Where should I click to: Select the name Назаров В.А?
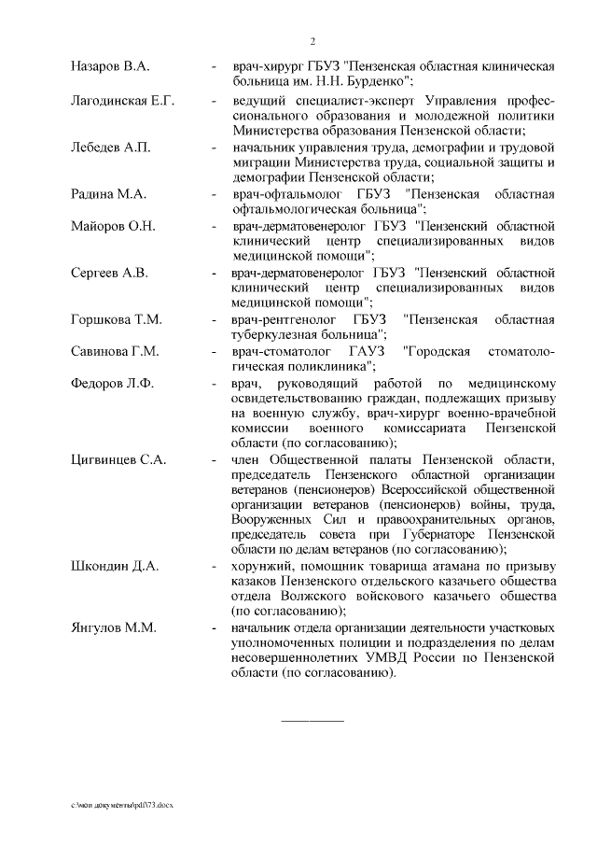tap(110, 67)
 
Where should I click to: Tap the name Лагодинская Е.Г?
tap(123, 100)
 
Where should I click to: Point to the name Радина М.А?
tap(107, 194)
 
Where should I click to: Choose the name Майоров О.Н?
tap(113, 226)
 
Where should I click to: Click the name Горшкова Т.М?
tap(117, 320)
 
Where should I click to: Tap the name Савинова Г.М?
tap(115, 352)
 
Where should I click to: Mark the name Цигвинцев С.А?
tap(118, 461)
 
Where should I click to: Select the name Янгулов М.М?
tap(113, 627)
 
